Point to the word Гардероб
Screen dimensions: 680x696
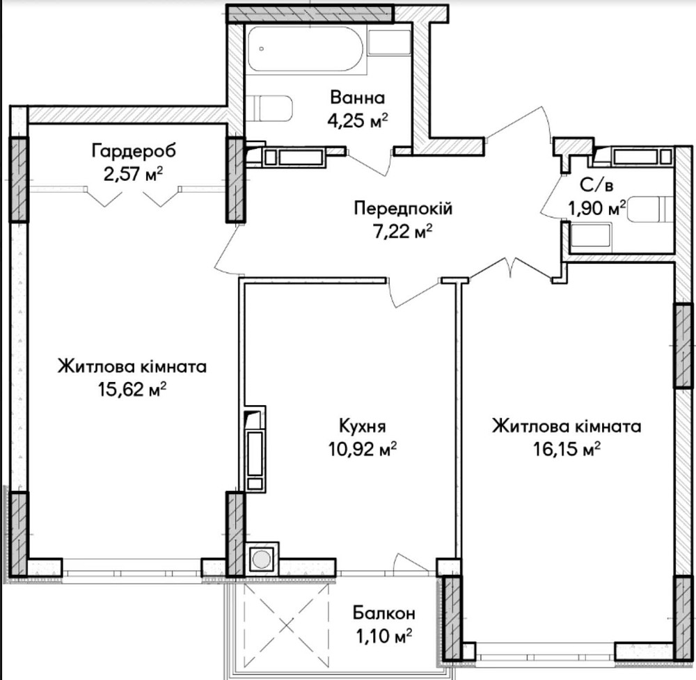coord(133,150)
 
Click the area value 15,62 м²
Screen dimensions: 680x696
coord(132,389)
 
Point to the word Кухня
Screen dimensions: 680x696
coord(362,426)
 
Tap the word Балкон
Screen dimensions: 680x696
coord(383,613)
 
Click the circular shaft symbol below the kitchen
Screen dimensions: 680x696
coord(262,559)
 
